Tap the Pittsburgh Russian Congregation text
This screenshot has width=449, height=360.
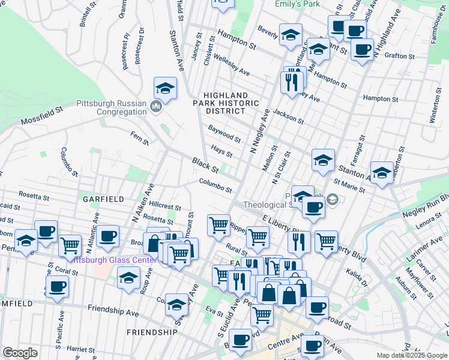112,107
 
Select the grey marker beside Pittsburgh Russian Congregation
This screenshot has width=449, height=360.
157,107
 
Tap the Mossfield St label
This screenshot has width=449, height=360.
42,116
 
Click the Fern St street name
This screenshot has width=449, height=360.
140,138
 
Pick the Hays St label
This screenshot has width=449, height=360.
221,149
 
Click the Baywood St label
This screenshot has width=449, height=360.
224,133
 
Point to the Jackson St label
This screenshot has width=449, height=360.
288,116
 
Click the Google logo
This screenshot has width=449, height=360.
20,353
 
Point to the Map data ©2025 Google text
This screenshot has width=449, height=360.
411,355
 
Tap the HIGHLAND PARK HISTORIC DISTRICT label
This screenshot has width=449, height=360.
225,103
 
